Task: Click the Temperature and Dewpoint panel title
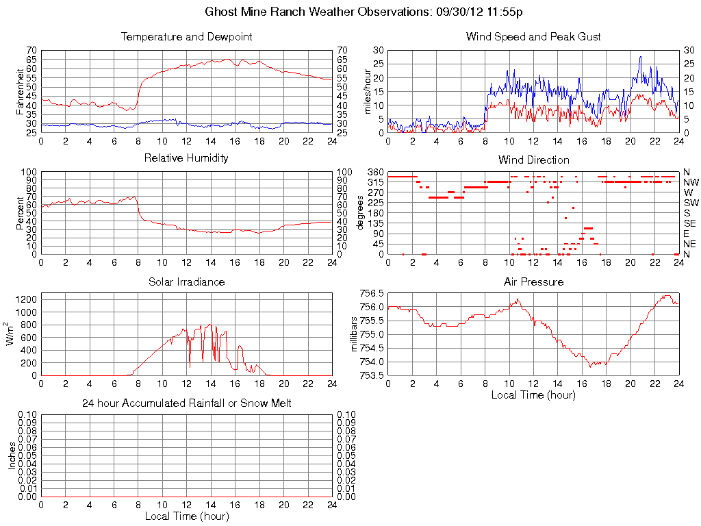186,36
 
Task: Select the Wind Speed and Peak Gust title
533,36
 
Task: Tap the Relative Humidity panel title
186,158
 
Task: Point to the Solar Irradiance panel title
186,281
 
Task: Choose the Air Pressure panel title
533,281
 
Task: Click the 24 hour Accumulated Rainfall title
186,403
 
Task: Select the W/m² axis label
11,334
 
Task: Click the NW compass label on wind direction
691,182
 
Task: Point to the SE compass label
690,223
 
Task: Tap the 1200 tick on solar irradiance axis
25,299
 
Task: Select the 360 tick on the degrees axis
374,171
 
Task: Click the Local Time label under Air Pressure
533,394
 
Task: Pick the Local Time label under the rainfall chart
186,516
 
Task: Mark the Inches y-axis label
11,455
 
